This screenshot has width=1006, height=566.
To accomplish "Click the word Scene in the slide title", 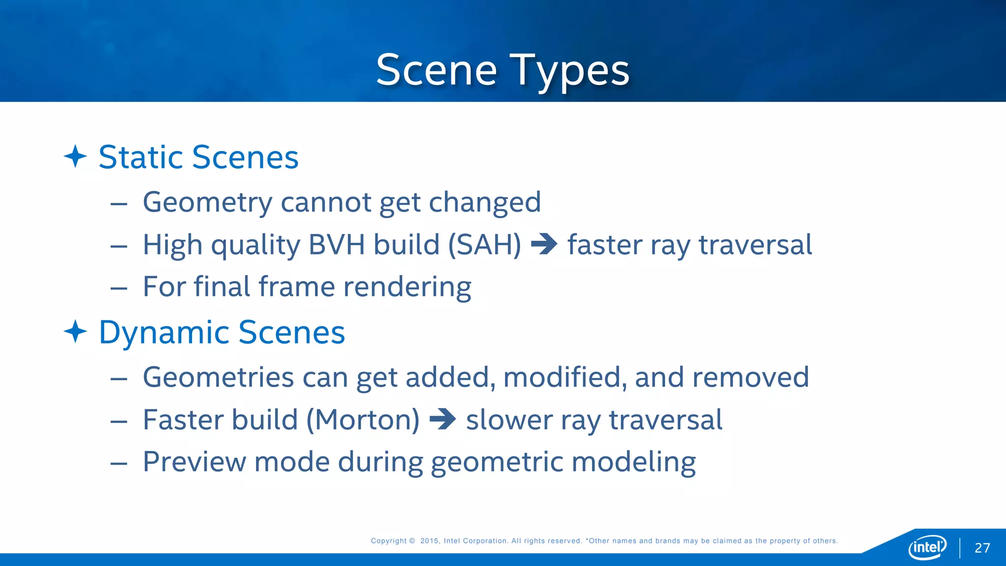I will coord(436,70).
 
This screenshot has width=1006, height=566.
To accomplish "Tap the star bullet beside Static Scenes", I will coord(75,157).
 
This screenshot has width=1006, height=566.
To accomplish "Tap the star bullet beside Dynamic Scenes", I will coord(75,332).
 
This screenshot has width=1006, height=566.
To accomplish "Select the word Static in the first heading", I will coord(141,157).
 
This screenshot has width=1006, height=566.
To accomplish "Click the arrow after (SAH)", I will coord(544,244).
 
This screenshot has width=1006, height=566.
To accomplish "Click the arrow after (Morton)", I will coord(442,419).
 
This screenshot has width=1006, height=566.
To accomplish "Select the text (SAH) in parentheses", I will coord(484,244).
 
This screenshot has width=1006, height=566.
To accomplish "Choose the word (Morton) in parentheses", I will coord(363,420).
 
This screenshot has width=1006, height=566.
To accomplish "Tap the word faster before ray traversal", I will coord(604,244).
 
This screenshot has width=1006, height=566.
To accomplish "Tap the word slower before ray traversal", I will coord(509,420).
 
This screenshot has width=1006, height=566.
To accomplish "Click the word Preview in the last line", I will coord(194,462).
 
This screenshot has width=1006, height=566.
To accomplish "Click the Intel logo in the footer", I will coord(927,547).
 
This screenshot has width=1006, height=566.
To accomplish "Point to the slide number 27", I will coord(982,548).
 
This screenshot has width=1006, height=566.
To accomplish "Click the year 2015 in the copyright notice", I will coord(429,541).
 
